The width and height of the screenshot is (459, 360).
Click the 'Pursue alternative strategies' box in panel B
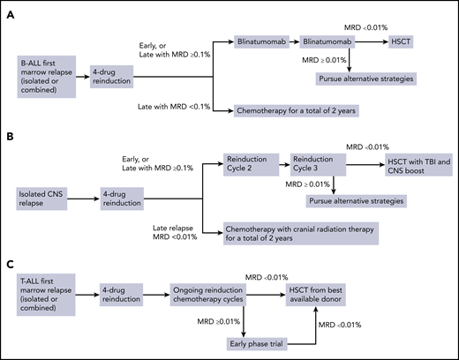click(349, 200)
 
